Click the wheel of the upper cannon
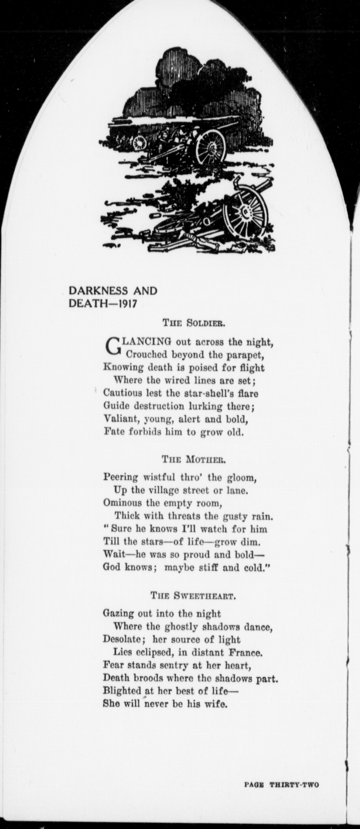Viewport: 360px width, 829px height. click(x=211, y=148)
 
